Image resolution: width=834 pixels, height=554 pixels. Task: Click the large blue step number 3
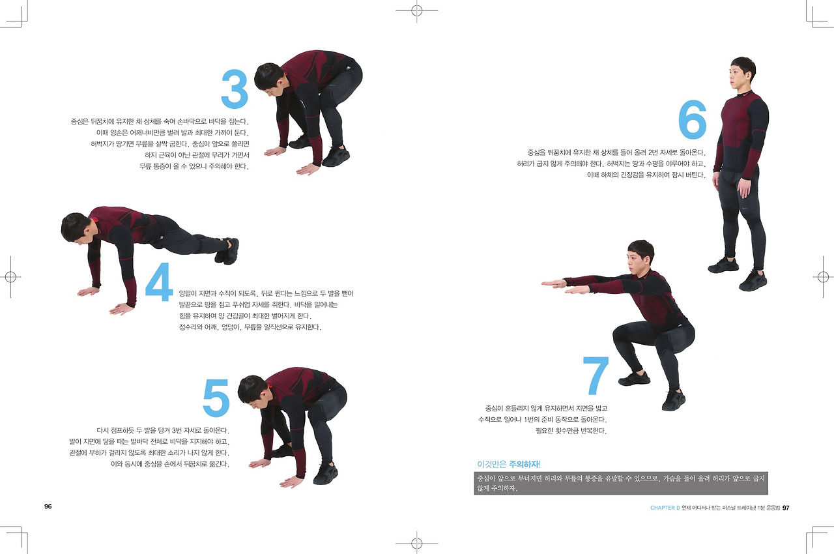coord(235,89)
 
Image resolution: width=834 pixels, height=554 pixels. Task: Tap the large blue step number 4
coord(159,282)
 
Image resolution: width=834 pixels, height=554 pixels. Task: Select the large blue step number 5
coord(216,398)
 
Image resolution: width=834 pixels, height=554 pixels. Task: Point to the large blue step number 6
coord(692,119)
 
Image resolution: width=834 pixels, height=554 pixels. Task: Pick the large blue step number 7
coord(596,375)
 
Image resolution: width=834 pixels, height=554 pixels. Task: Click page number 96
coord(48,506)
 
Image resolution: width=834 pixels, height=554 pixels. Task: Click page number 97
coord(786,508)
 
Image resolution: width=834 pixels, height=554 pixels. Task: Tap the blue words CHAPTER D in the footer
coord(665,508)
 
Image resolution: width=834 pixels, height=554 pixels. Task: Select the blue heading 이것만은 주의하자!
coord(509,464)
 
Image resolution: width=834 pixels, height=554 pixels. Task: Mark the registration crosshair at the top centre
coord(416,11)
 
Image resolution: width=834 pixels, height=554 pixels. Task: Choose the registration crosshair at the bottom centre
coord(416,543)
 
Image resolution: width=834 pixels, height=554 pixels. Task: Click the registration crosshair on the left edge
coord(10,277)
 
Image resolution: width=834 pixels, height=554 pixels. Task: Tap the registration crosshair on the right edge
coord(823,277)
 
